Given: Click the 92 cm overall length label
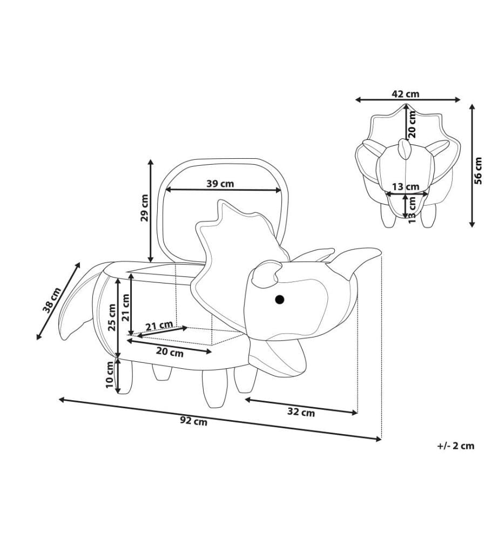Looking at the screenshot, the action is tap(193, 421).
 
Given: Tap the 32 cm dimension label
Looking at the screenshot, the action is tap(301, 411).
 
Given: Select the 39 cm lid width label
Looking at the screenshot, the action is tap(220, 184).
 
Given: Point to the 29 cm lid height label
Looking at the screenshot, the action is tap(145, 208).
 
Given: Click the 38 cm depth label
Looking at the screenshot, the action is tap(52, 300).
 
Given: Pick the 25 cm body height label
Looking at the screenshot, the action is tap(112, 317).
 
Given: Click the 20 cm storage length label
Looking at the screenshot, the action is tap(170, 352).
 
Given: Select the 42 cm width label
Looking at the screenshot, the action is tap(406, 93).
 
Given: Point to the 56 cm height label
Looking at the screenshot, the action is tap(478, 171).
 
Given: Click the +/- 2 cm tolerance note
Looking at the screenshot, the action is tap(456, 446).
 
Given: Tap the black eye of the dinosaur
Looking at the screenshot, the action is tap(280, 300).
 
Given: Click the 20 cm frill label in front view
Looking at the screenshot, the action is tap(412, 124).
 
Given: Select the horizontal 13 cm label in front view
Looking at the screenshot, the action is tap(406, 187).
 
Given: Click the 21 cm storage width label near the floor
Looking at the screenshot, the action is tap(159, 326).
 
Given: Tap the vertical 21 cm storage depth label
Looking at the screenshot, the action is tap(126, 308).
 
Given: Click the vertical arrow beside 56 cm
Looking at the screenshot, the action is tap(472, 166).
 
